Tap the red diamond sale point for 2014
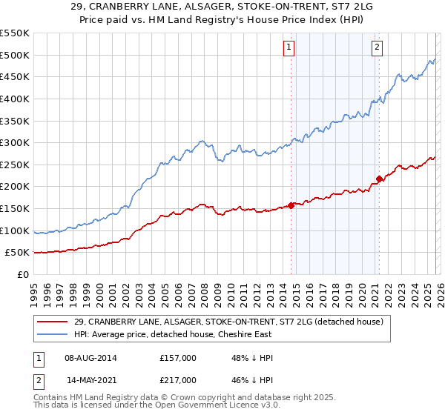tap(291, 205)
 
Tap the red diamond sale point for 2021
tap(379, 179)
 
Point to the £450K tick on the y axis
tap(15, 76)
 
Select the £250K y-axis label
tap(15, 165)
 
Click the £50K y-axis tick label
tap(18, 253)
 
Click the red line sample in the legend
tap(53, 322)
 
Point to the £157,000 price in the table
tap(178, 358)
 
